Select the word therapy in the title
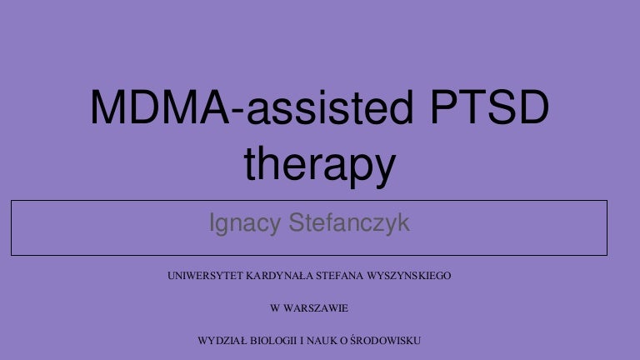coord(319,167)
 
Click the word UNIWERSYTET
coord(202,275)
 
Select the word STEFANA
coord(339,275)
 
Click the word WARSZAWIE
coord(314,308)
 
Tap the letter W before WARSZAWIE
coord(276,308)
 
